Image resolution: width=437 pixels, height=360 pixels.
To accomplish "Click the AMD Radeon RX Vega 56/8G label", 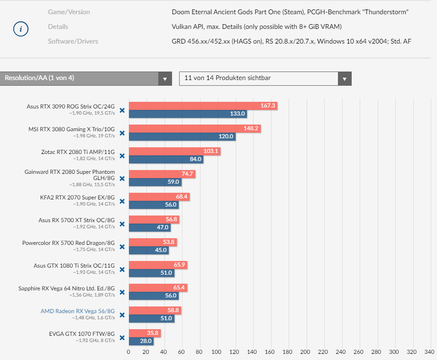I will coord(77,311).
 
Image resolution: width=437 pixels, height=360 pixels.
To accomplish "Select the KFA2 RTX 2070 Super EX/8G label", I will coord(77,197).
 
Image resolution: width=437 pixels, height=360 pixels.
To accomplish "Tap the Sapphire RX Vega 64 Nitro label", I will coord(66,288).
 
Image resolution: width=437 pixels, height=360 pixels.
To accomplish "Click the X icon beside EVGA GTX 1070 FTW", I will coord(122,338).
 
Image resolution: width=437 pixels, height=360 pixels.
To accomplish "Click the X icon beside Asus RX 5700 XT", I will coord(122,224).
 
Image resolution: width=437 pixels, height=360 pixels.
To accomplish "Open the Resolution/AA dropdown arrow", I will coord(165,79).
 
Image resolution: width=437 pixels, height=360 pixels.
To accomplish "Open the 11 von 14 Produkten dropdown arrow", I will coord(345,79).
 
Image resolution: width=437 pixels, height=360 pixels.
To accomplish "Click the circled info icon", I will coord(20,29).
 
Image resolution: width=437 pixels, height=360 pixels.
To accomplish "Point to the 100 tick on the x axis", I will coord(217,352).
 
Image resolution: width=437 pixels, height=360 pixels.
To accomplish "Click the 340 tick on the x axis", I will coord(429,352).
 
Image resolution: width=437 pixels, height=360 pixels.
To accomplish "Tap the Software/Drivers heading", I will coord(73,41).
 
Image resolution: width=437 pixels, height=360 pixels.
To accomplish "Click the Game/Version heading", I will coord(69,12).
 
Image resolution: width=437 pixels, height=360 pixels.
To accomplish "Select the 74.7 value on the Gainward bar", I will coord(187,174).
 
